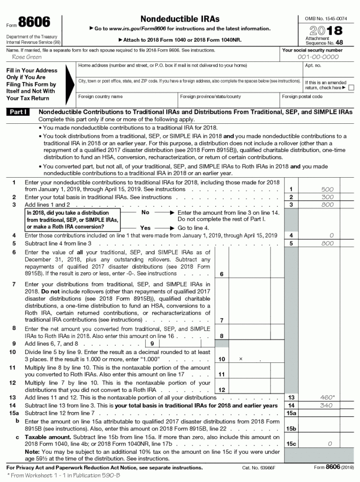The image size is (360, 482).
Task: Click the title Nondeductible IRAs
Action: pos(180,19)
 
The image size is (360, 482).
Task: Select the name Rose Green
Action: pos(27,57)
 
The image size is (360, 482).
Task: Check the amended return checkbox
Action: pos(351,88)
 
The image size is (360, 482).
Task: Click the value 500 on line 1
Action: pos(328,189)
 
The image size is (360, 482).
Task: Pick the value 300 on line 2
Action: pos(328,197)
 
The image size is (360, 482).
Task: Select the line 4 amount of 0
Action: pos(331,235)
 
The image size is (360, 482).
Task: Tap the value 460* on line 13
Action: pos(328,398)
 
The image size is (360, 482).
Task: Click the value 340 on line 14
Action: pos(327,406)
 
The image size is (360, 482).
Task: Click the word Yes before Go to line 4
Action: pos(145,228)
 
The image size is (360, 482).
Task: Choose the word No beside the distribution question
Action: pos(145,212)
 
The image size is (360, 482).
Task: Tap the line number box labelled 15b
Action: pos(291,429)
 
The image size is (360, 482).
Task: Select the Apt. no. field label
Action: pos(313,66)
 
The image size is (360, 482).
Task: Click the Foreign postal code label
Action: pos(302,97)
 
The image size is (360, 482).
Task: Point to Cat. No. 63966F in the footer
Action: pos(259,467)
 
